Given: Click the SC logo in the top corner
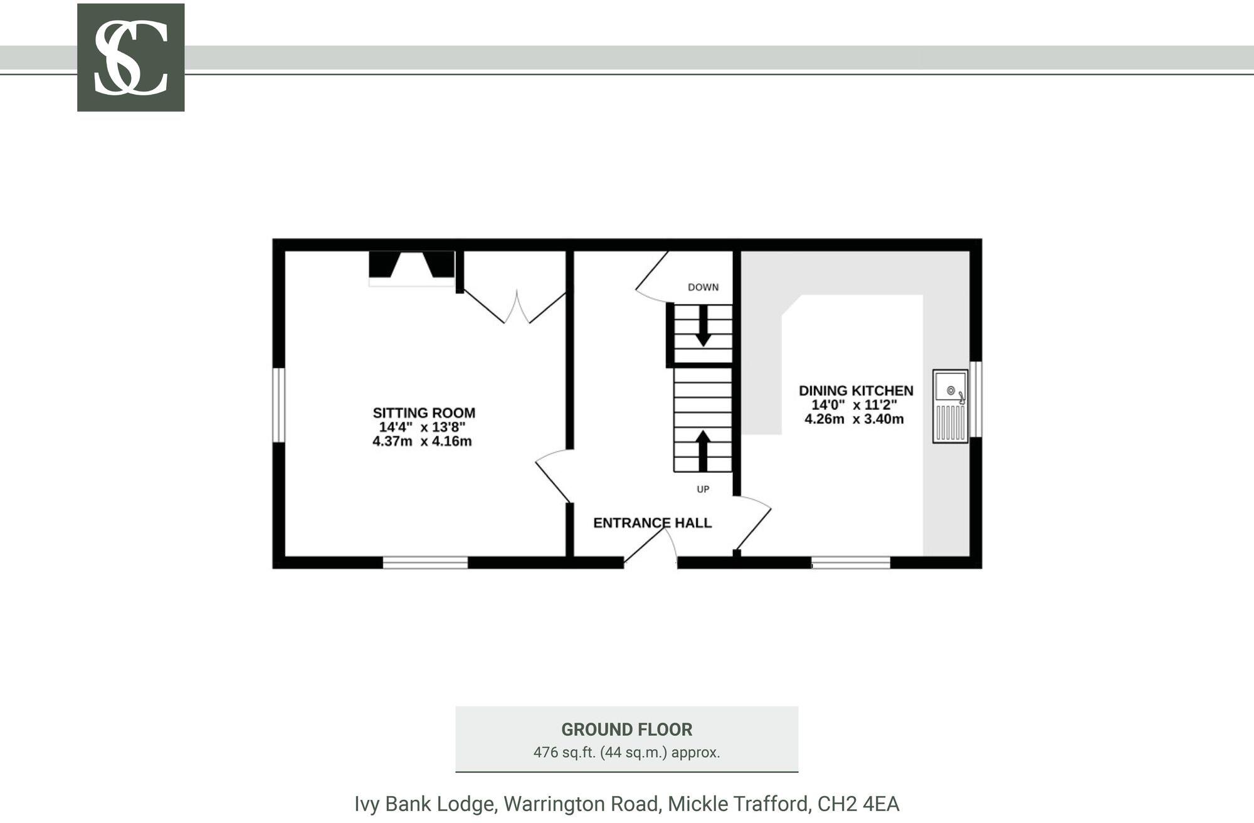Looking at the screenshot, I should (x=130, y=58).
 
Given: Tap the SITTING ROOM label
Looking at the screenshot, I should (x=424, y=413).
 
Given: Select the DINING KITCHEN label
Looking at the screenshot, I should (x=856, y=391).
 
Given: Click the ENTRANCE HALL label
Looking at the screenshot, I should (x=652, y=523).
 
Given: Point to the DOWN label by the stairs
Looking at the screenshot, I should (x=703, y=287).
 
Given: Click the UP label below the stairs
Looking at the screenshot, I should (x=703, y=489).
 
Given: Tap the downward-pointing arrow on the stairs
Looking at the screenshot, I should (x=703, y=326).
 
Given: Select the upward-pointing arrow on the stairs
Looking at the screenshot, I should (x=703, y=450).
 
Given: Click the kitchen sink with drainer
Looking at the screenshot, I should (x=950, y=406).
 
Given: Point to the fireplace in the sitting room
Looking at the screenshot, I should (x=411, y=268).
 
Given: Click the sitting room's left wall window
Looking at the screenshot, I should (x=278, y=405).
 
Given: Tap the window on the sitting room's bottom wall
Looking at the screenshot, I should (x=425, y=562).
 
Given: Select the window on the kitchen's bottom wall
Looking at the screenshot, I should (x=851, y=562).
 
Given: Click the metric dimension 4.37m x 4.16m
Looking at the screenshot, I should (x=422, y=441).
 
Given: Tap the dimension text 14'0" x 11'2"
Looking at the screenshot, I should (x=854, y=405).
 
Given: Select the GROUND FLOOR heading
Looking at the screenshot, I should (x=626, y=730).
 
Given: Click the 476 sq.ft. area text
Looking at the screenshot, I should (x=626, y=752).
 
